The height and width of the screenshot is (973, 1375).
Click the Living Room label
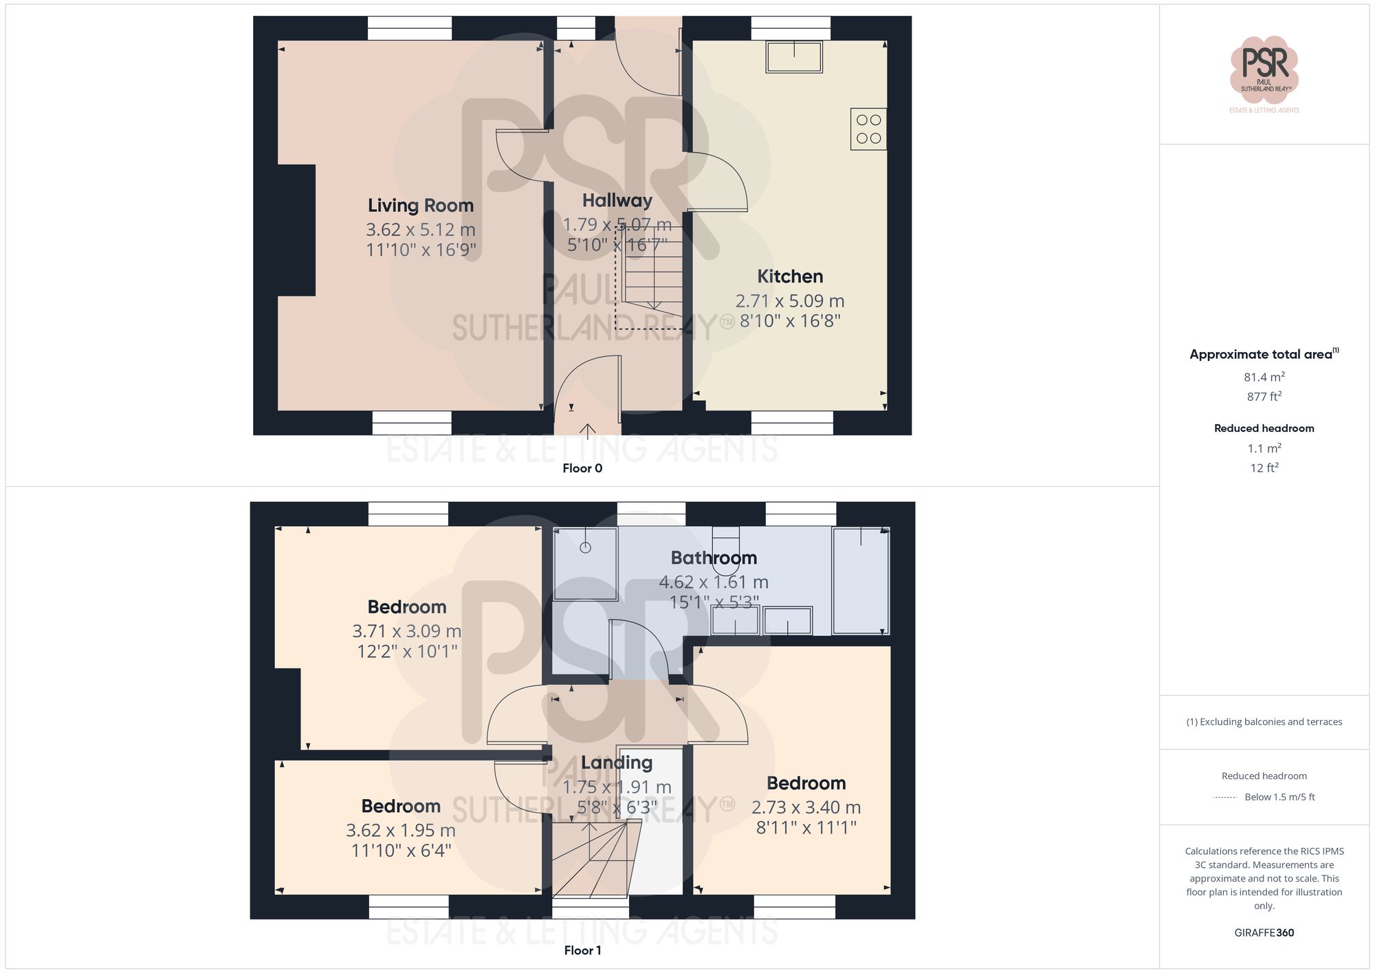[420, 206]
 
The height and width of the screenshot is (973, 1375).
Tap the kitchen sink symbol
[794, 57]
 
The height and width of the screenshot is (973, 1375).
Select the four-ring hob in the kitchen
[868, 129]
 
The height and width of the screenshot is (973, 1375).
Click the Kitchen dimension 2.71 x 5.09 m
[790, 301]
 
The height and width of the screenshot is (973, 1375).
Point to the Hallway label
[617, 201]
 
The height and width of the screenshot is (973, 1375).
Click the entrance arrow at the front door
[587, 431]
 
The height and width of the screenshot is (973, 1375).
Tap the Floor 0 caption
[582, 469]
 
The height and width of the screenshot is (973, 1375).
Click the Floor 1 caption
[582, 951]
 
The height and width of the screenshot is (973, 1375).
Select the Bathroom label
[714, 558]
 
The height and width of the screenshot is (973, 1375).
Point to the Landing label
[617, 763]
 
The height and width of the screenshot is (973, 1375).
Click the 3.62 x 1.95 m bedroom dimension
[401, 831]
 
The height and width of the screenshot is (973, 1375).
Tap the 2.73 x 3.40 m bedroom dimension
[806, 807]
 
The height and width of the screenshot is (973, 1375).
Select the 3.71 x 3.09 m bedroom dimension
[406, 631]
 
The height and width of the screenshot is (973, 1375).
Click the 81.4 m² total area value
[1264, 378]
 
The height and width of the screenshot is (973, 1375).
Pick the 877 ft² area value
[1264, 397]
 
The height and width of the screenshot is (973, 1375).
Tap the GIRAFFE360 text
[1264, 933]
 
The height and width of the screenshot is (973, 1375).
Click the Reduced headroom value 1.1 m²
[1264, 449]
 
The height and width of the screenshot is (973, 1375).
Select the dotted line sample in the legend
[1225, 798]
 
